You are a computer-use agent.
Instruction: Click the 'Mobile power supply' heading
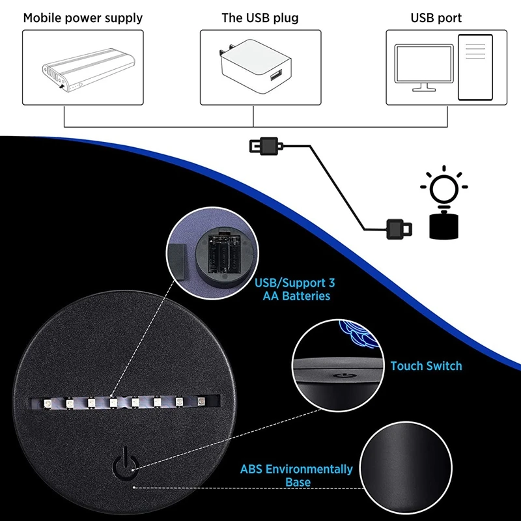coord(83,18)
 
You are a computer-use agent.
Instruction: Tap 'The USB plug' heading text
coord(260,18)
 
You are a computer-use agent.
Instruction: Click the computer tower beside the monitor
coord(475,67)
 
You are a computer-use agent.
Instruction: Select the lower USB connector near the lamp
coord(398,228)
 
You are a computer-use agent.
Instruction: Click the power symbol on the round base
coord(126,461)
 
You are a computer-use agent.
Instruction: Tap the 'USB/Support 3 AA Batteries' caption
coord(296,289)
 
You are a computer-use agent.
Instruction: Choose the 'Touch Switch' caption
coord(426,366)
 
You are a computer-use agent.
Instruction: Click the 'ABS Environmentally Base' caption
coord(297,475)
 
